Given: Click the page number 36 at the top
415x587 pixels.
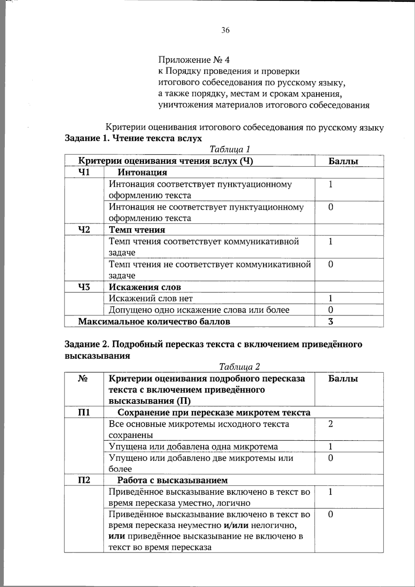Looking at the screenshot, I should coord(225,30).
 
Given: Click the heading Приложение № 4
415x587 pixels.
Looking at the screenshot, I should coord(194,60).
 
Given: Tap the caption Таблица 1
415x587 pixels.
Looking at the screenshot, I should coord(230,149).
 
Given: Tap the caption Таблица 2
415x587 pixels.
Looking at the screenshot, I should coord(239,367).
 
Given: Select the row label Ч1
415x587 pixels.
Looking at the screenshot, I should coord(84,172).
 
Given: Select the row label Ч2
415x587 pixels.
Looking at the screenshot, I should coord(84,229).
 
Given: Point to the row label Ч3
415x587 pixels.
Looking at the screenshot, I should coord(84,287).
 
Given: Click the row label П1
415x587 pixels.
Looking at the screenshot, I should coord(84,412).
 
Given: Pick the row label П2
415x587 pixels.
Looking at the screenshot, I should coord(84,480).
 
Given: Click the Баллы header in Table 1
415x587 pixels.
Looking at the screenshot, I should coord(343,161).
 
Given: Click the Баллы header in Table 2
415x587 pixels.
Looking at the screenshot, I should coord(343,378).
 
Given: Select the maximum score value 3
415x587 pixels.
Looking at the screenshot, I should coord(331,321).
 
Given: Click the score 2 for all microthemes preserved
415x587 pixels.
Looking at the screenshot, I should coord(331,424).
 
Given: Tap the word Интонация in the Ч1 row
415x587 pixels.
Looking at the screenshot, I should coord(142,172).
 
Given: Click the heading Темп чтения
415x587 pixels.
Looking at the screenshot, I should coord(137,230).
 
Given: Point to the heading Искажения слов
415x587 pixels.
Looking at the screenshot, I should coord(145,287).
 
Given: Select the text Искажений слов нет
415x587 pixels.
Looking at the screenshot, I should coord(150,298).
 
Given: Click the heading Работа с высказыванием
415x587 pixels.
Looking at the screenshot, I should coord(172,480).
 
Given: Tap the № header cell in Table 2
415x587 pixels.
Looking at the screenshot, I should coord(83,378).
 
